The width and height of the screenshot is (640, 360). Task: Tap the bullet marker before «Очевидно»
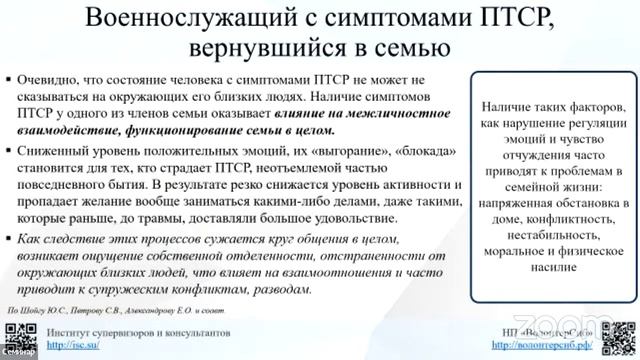pos(8,78)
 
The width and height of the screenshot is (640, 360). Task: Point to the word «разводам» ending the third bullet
pos(279,288)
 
